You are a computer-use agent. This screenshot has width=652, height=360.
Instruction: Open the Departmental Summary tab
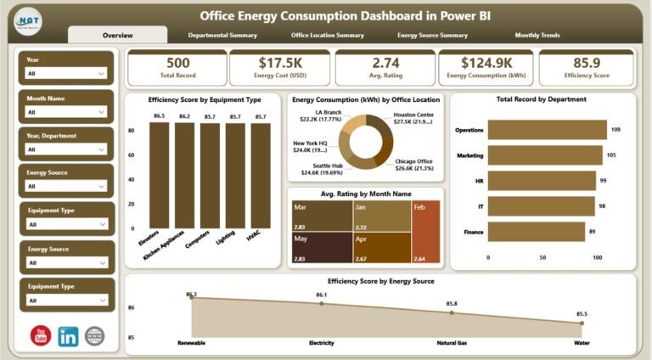point(222,36)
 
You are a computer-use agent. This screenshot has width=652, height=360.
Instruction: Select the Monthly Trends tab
point(537,36)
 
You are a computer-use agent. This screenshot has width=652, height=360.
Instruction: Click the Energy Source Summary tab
point(432,36)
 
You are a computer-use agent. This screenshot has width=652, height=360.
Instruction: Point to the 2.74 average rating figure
point(385,63)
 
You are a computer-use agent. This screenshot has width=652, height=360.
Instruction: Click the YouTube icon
point(41,335)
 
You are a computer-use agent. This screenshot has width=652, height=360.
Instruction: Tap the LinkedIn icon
point(68,335)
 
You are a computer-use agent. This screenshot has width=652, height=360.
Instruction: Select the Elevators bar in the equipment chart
point(159,174)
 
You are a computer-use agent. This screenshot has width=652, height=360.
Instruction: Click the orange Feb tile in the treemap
point(426,233)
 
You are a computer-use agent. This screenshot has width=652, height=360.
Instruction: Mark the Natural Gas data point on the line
point(451,312)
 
